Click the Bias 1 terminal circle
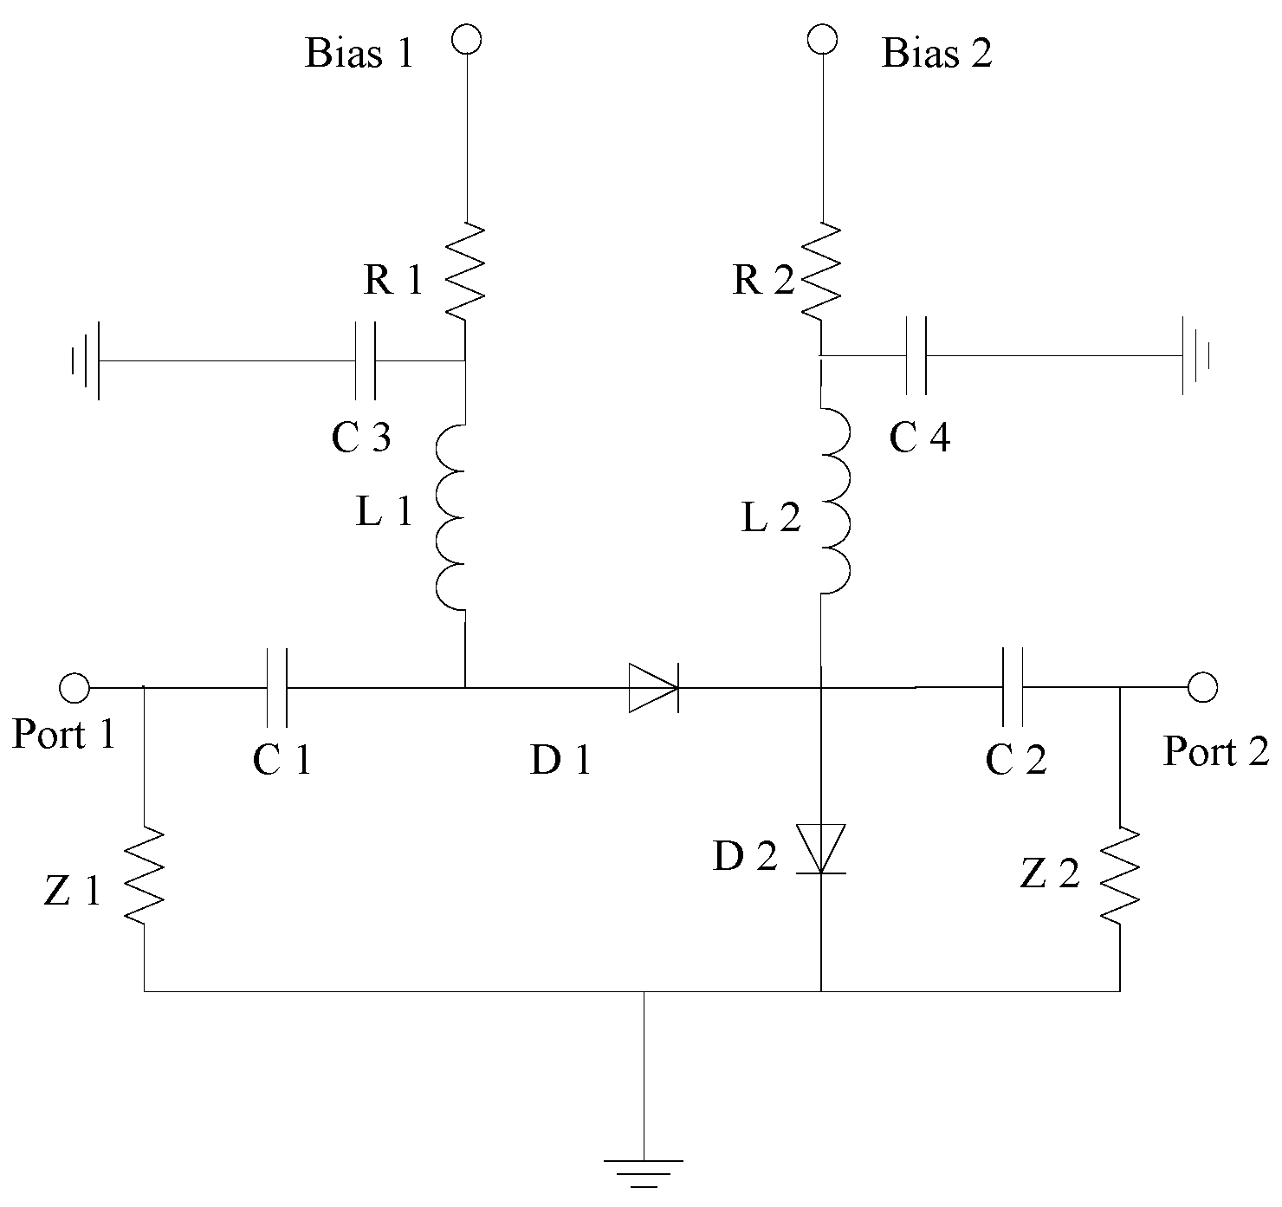pos(467,40)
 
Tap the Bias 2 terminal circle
pos(821,39)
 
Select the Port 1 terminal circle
pos(74,688)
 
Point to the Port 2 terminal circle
pos(1202,687)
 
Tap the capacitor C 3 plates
pos(366,360)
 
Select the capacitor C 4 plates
pos(915,355)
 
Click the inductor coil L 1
pos(452,517)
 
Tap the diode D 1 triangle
pos(652,688)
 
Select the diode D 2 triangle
pos(820,848)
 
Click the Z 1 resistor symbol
pos(144,875)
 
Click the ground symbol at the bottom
pos(644,1171)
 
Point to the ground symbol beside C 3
pos(87,360)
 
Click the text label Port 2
pos(1215,751)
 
